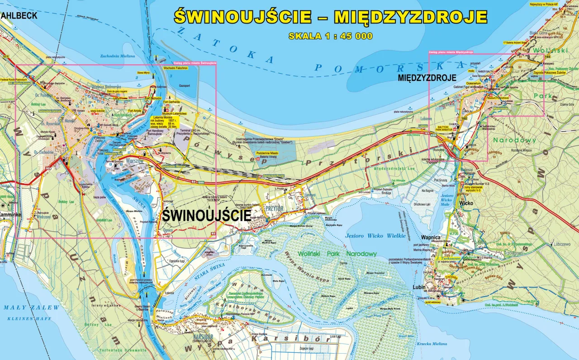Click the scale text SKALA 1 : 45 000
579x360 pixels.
pos(331,36)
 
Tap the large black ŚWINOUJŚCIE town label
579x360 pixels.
pos(206,215)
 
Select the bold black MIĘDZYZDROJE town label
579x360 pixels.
pos(427,78)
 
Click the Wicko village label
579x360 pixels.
pos(466,203)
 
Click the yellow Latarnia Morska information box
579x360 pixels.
pos(165,122)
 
